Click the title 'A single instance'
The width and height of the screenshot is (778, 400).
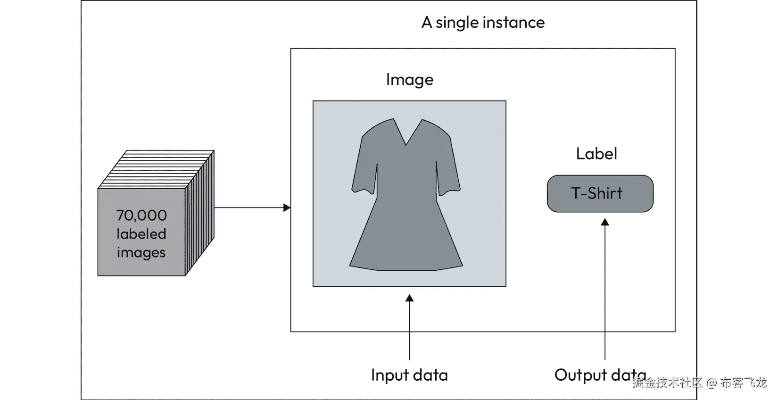tap(483, 23)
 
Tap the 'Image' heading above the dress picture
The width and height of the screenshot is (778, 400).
tap(409, 80)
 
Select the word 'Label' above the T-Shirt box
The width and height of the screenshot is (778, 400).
tap(596, 154)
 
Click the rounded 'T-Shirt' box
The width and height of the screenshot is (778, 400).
tap(600, 193)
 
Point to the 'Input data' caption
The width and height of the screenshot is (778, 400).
tap(409, 375)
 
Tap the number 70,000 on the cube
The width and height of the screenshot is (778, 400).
tap(141, 216)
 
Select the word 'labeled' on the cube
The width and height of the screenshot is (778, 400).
tap(141, 234)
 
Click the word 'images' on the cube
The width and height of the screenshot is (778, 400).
tap(141, 253)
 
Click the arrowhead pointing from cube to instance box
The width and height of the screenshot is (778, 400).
tap(287, 208)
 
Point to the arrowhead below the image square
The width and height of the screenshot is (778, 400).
tap(409, 298)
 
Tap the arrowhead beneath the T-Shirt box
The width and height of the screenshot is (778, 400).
tap(605, 222)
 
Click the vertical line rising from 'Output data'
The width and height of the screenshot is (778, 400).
tap(605, 292)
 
